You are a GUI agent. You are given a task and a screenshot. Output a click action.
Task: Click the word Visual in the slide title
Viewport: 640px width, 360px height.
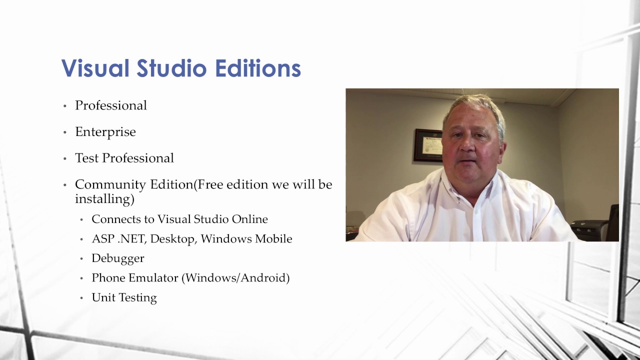tap(95, 68)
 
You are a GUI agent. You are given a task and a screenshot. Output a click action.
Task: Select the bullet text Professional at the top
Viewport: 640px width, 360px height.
tap(111, 105)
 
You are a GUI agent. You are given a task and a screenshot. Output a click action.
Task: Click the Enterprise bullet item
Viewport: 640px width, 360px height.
tap(105, 132)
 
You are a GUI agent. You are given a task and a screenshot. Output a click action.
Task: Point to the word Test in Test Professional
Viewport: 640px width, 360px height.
tap(87, 158)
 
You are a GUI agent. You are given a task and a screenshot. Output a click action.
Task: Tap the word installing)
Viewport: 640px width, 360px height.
tap(104, 199)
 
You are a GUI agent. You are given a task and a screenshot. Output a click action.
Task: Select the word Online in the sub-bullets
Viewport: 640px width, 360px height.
tap(250, 219)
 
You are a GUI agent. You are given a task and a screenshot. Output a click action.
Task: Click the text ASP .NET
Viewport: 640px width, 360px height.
tap(118, 239)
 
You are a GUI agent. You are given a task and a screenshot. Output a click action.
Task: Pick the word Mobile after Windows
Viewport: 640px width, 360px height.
tap(273, 239)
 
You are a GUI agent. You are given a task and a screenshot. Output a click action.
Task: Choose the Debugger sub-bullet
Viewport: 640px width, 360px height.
tap(118, 258)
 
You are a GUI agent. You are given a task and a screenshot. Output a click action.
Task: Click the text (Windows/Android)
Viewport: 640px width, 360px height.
tap(236, 278)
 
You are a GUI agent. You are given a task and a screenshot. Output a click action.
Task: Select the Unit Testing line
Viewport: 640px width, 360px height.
tap(124, 297)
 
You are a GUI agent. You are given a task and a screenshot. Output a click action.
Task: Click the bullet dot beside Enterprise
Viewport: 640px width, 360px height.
tap(64, 132)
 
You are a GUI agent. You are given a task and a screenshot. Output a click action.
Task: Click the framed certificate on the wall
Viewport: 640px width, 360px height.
tap(428, 145)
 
